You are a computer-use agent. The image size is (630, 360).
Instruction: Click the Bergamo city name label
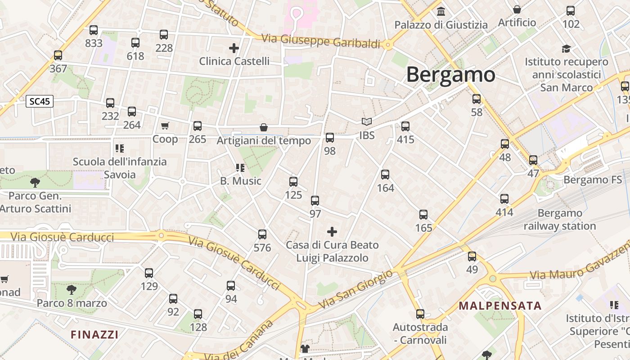pos(450,74)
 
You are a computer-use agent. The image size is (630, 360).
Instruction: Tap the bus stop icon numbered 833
pos(94,30)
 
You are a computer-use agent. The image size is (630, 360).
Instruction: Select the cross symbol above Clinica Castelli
pos(234,47)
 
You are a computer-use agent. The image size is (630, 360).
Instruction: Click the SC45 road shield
pos(39,101)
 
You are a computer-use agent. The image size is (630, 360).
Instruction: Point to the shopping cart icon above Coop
pos(165,126)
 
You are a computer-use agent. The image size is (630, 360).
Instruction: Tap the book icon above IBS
pos(367,122)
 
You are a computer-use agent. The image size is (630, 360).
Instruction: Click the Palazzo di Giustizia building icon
pos(441,11)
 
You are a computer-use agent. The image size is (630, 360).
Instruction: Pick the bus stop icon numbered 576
pos(262,234)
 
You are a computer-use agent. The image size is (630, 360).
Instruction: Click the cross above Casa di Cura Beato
pos(332,232)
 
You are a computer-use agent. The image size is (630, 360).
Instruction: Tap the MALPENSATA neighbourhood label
pos(500,306)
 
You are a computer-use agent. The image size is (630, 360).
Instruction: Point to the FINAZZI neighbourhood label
pos(94,334)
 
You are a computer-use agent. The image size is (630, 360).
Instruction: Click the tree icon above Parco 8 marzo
pos(72,289)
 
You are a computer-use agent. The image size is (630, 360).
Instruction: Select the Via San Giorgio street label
pos(355,289)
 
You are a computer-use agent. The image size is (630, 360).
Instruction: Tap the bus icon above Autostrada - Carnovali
pos(420,314)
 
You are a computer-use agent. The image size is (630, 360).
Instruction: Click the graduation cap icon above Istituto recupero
pos(566,48)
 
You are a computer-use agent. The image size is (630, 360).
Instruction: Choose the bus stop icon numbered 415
pos(405,126)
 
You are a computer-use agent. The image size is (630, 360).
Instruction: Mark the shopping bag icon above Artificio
pos(517,9)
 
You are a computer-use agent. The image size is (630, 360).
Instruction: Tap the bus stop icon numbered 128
pos(198,314)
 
